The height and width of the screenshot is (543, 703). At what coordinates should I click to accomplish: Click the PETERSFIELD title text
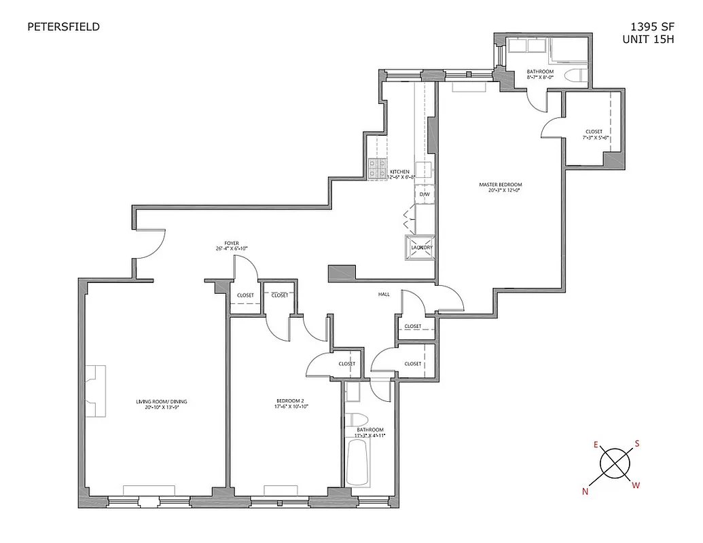click(x=63, y=27)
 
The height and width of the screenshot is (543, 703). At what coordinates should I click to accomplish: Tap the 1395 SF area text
click(x=649, y=27)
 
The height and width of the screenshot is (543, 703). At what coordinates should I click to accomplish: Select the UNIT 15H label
click(x=648, y=39)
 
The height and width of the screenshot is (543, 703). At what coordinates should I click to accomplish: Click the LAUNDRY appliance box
click(x=420, y=247)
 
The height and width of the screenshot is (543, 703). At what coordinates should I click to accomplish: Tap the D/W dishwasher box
click(x=425, y=194)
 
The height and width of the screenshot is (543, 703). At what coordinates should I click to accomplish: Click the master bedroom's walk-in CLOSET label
click(x=594, y=134)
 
